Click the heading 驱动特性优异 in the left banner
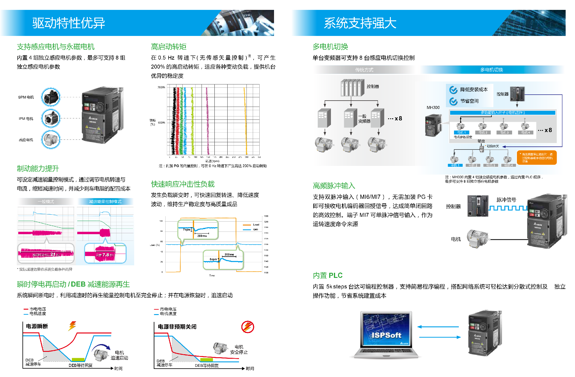click(69, 23)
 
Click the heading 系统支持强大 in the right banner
click(360, 23)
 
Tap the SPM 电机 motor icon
click(51, 97)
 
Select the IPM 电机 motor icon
click(51, 118)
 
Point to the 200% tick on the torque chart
click(161, 87)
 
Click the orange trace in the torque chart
click(245, 120)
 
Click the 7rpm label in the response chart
click(187, 230)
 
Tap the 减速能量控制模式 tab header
click(105, 202)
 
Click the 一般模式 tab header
click(46, 202)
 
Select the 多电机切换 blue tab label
click(491, 70)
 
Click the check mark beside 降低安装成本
click(453, 90)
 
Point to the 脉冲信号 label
click(506, 200)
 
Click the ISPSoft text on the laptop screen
click(386, 335)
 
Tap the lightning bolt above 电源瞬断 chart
click(72, 325)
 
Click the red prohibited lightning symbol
click(248, 327)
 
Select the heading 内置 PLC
click(328, 275)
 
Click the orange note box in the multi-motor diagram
click(537, 158)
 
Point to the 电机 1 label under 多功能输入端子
click(461, 132)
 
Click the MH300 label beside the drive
click(433, 108)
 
